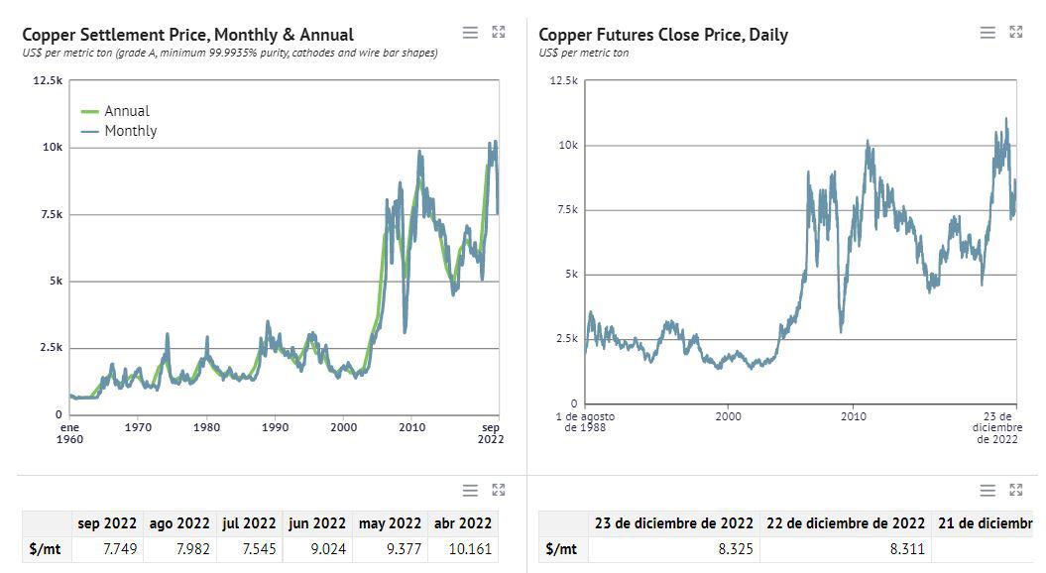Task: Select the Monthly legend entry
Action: pyautogui.click(x=130, y=131)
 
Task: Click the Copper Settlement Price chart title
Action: pyautogui.click(x=187, y=35)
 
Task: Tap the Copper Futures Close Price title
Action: pyautogui.click(x=663, y=35)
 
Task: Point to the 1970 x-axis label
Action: pyautogui.click(x=138, y=427)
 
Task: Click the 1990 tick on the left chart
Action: pyautogui.click(x=275, y=427)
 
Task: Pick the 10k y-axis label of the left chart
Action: pyautogui.click(x=52, y=147)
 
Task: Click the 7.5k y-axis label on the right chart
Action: pyautogui.click(x=565, y=209)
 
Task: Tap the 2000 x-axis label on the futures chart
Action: pyautogui.click(x=728, y=416)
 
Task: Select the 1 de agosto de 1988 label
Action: pyautogui.click(x=584, y=421)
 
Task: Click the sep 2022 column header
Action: pyautogui.click(x=107, y=523)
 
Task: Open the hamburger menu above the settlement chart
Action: pyautogui.click(x=471, y=33)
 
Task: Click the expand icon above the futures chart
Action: pyautogui.click(x=1015, y=33)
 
